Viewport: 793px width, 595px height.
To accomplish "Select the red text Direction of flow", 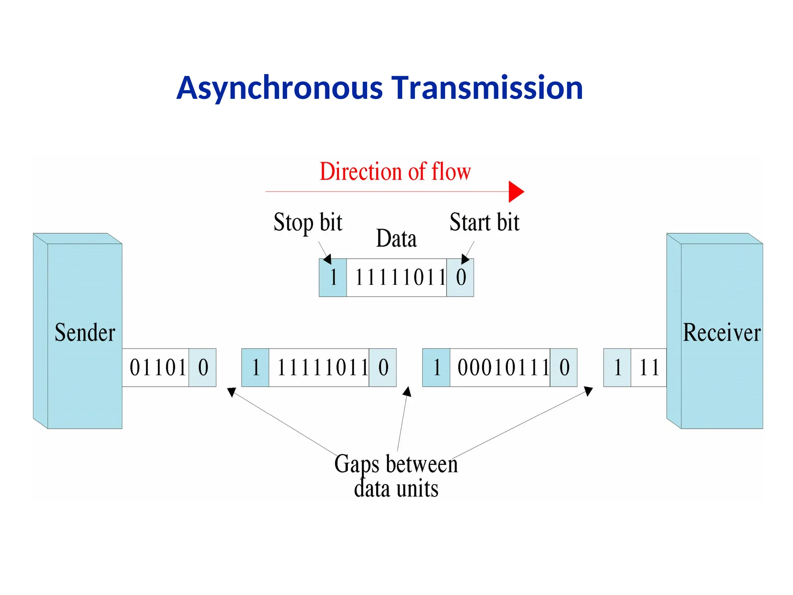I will click(395, 172).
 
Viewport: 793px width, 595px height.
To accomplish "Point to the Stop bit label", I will click(308, 223).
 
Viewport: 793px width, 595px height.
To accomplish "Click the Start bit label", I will click(484, 223).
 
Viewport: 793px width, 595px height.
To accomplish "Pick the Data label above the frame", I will click(396, 239).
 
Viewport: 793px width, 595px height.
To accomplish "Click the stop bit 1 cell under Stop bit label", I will click(333, 278).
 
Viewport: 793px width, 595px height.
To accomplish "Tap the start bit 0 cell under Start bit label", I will click(460, 278).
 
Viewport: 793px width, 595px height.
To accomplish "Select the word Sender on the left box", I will click(85, 333).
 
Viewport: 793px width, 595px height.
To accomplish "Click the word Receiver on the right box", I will click(721, 333).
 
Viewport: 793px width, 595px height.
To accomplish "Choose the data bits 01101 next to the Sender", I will click(158, 368).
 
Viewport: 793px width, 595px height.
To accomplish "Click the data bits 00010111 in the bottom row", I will click(503, 368).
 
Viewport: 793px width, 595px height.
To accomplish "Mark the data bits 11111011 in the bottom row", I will click(322, 368).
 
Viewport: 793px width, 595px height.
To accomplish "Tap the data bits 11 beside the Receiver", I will click(649, 368).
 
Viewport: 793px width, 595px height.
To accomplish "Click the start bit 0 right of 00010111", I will click(564, 368).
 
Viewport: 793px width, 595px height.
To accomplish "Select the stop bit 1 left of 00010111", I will click(436, 368).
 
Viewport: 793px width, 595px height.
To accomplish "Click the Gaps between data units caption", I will click(396, 476).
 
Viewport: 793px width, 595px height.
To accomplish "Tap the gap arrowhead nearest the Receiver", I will click(588, 391).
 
